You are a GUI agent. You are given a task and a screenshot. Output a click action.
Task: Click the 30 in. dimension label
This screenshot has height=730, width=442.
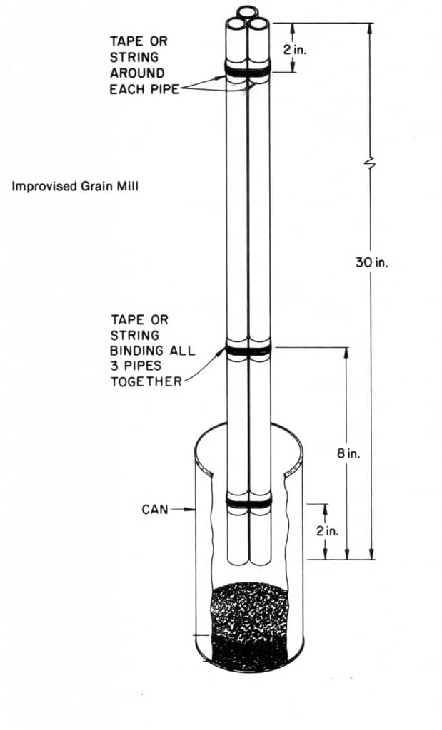click(371, 262)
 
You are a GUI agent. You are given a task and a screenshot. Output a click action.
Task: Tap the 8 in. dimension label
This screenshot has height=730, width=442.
click(348, 453)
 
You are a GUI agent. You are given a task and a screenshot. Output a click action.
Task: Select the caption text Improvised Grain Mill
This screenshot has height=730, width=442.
click(74, 186)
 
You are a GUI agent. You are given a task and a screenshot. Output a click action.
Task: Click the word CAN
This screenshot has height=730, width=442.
click(155, 509)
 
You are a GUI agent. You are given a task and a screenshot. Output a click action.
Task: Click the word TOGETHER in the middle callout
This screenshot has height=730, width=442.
click(146, 382)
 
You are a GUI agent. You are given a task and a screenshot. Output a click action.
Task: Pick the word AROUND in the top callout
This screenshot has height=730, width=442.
click(137, 73)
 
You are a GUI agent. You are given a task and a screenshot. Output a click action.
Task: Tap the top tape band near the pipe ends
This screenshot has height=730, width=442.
click(248, 69)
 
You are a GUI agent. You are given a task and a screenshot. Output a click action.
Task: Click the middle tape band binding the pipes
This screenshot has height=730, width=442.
click(248, 349)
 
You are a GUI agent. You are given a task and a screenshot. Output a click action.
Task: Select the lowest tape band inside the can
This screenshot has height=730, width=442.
click(248, 502)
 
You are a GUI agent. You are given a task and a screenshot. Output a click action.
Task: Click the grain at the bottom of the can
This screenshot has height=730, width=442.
click(249, 626)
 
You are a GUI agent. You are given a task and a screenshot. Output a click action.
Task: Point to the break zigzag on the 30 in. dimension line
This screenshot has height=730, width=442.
click(371, 163)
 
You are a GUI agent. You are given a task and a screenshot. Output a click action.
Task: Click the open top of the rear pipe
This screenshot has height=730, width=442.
click(248, 11)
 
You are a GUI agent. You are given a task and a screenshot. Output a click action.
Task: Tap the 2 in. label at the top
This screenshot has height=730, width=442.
click(296, 50)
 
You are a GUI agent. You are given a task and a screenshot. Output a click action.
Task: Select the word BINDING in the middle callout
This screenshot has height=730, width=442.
click(136, 351)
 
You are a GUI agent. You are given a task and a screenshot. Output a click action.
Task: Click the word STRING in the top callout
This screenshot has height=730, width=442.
click(134, 57)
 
